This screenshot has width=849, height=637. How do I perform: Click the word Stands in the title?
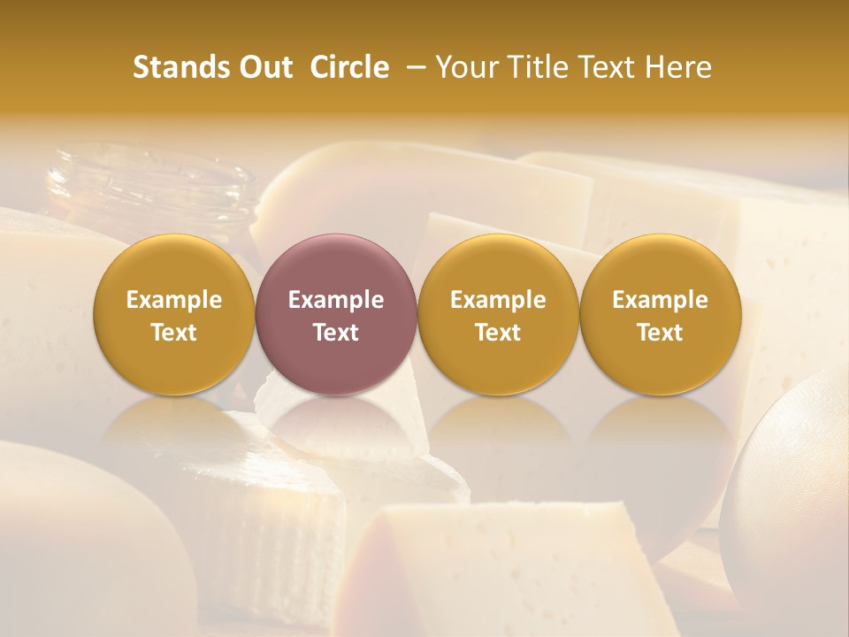(x=180, y=67)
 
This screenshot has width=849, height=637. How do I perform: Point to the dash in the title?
(x=414, y=67)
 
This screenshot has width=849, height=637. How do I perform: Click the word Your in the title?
(x=463, y=67)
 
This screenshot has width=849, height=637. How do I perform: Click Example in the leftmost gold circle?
(x=173, y=300)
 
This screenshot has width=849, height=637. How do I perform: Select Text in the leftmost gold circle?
(x=173, y=333)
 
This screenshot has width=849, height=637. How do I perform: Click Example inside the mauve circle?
(x=336, y=300)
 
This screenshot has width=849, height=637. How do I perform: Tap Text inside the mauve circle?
(x=336, y=333)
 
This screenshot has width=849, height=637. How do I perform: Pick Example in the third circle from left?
(x=498, y=300)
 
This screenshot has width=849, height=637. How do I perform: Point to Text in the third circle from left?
(x=498, y=333)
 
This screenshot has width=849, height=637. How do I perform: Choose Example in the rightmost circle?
(x=660, y=300)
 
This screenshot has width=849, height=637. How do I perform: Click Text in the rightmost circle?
(x=660, y=333)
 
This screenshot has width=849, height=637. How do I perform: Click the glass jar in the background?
(x=150, y=190)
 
